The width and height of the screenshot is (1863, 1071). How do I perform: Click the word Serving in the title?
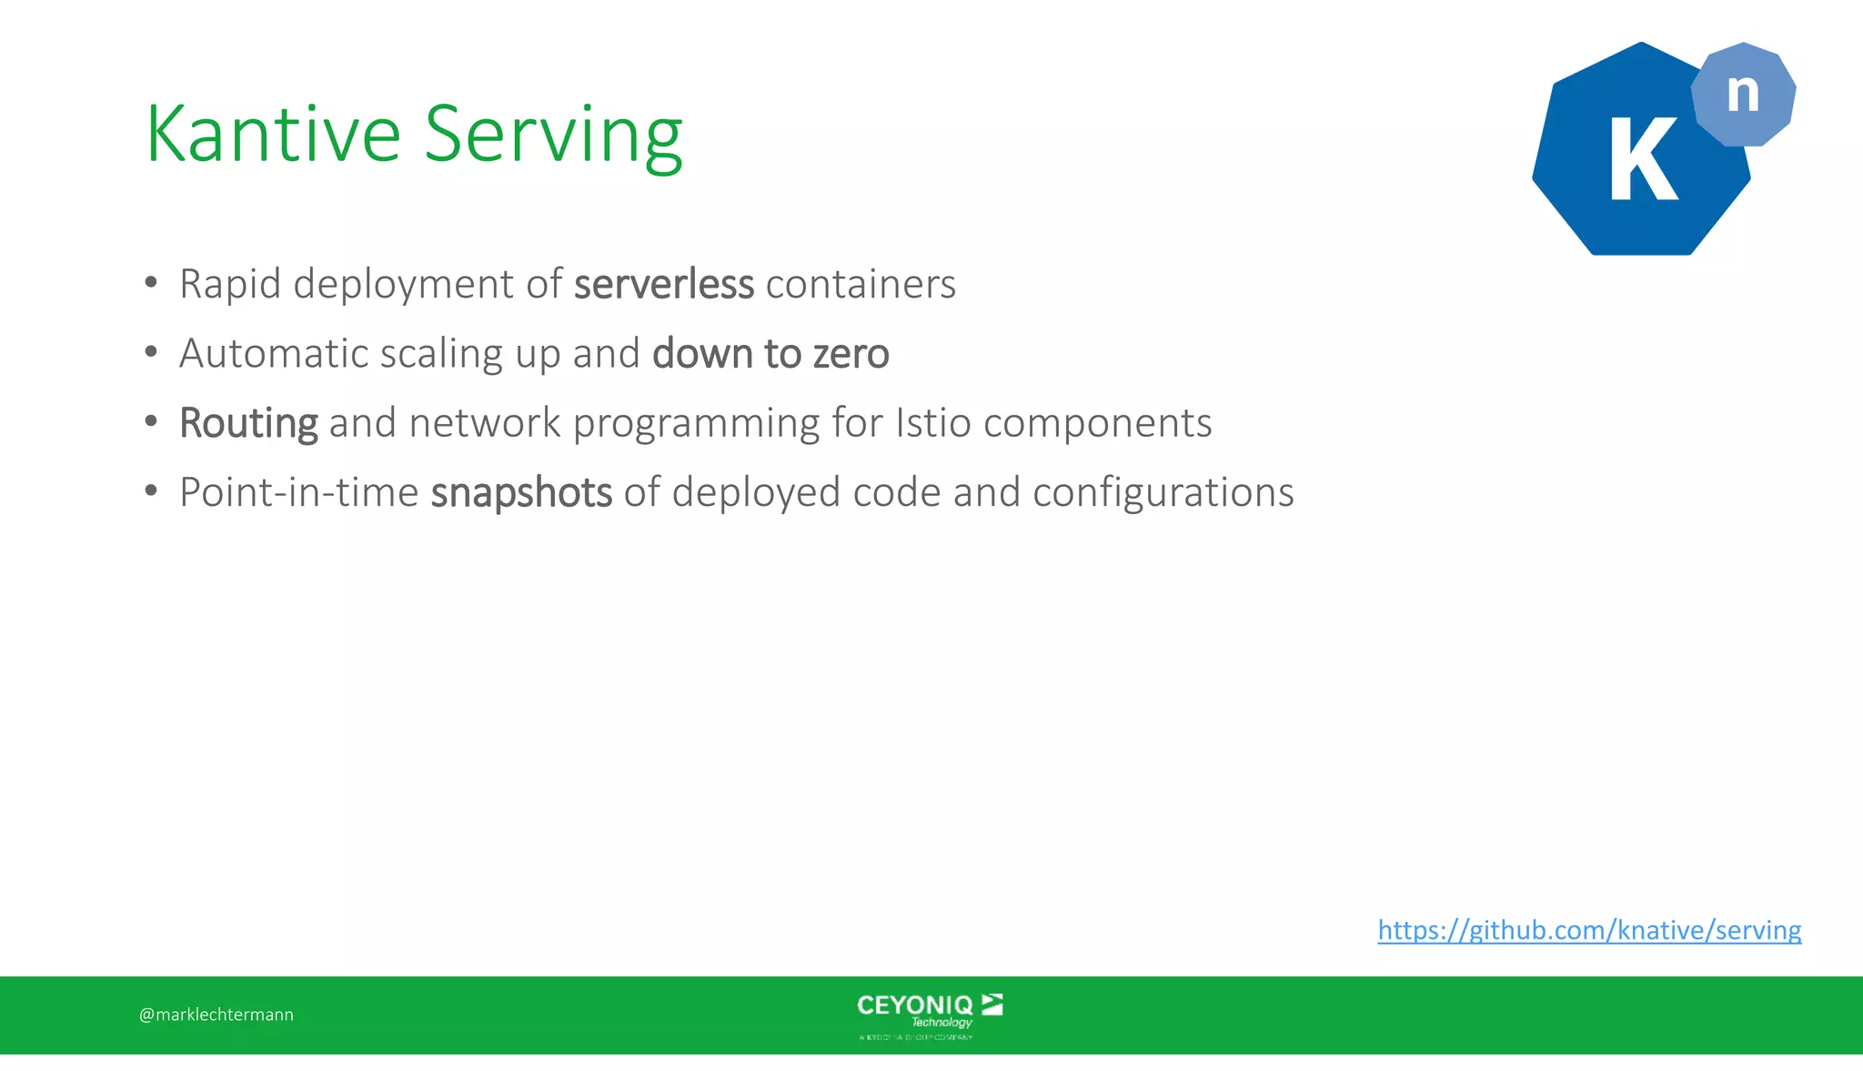553,136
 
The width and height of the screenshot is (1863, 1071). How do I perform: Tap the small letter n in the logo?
1743,93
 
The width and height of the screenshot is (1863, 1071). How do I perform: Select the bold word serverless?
664,284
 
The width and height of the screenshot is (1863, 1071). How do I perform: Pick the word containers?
861,284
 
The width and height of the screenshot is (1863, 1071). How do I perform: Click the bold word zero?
851,353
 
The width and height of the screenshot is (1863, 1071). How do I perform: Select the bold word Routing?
248,423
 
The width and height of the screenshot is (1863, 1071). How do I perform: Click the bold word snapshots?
521,493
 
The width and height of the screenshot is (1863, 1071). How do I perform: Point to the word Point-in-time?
298,492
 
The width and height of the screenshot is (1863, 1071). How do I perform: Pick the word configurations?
1163,492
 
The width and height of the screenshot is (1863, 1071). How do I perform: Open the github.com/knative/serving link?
1589,930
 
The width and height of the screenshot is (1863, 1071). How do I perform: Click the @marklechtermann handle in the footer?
217,1015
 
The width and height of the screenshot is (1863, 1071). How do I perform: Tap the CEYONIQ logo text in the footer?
915,1005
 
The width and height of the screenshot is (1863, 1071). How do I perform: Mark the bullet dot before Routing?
151,421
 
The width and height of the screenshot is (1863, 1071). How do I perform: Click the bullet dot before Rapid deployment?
151,282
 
